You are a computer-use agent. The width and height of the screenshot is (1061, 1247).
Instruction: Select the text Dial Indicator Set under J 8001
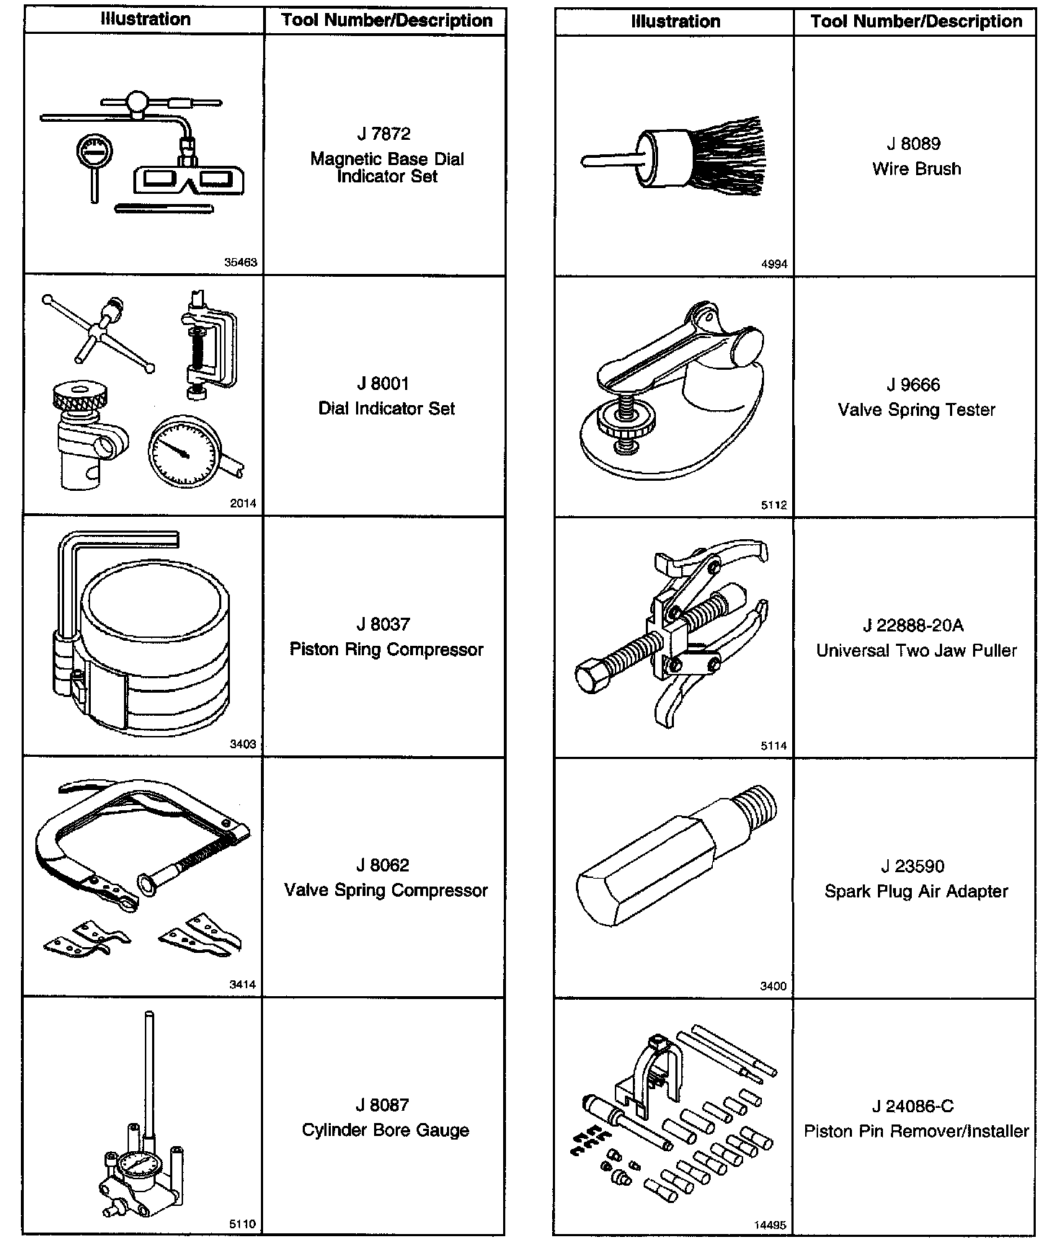click(386, 409)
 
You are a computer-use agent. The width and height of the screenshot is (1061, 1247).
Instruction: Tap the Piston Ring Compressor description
click(386, 649)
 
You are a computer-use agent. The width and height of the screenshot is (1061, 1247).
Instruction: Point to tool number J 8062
click(382, 865)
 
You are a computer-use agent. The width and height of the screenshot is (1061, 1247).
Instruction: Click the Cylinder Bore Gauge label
click(386, 1130)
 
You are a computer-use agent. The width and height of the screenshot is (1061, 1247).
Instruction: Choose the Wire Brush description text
click(916, 169)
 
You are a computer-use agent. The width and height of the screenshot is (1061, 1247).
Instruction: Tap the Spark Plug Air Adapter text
click(916, 892)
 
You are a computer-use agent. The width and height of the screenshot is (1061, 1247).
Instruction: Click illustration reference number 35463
click(241, 263)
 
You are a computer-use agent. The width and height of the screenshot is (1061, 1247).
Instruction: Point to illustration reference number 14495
click(771, 1225)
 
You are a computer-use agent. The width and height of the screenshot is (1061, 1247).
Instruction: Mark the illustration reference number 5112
click(774, 505)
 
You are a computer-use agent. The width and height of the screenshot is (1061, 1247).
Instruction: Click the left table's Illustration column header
click(146, 19)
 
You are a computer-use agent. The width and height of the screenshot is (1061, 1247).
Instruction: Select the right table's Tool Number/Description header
click(916, 22)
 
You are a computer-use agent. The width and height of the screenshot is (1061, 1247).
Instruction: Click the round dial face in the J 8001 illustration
click(183, 451)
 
